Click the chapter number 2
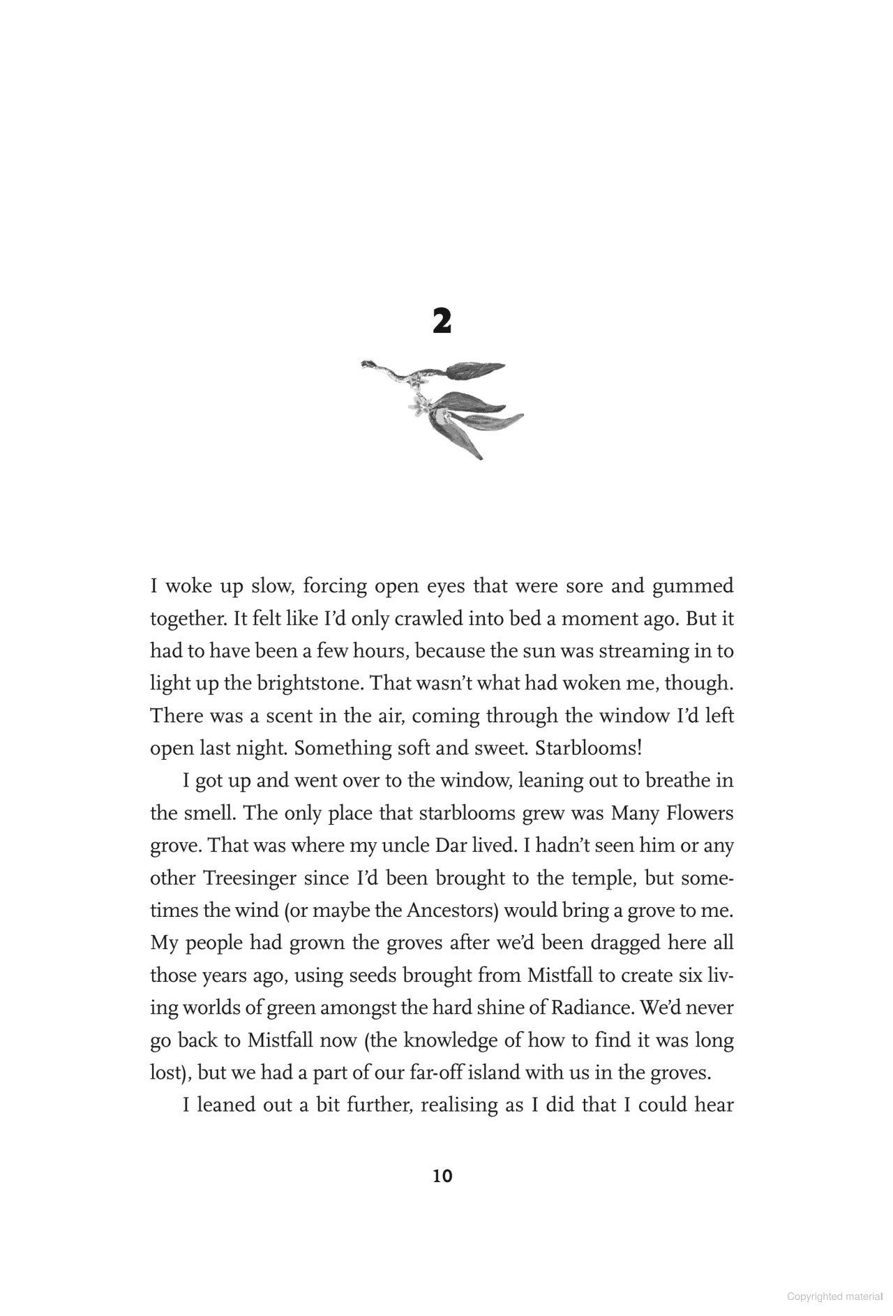click(442, 322)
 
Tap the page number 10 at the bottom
click(442, 1176)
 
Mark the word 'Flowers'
click(699, 814)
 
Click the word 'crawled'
click(429, 619)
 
